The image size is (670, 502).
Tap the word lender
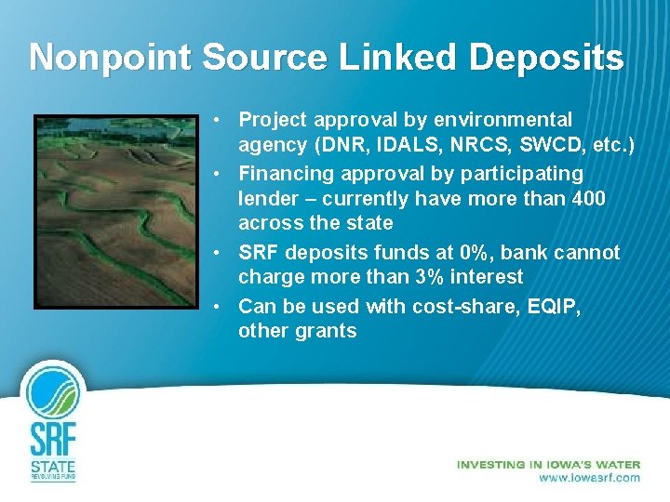[x=267, y=198]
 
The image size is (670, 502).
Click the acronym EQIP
[x=550, y=306]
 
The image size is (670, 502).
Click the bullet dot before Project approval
[x=214, y=120]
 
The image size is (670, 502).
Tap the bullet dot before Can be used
[x=214, y=306]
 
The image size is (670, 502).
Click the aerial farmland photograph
[x=116, y=212]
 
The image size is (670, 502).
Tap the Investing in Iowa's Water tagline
[x=548, y=464]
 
